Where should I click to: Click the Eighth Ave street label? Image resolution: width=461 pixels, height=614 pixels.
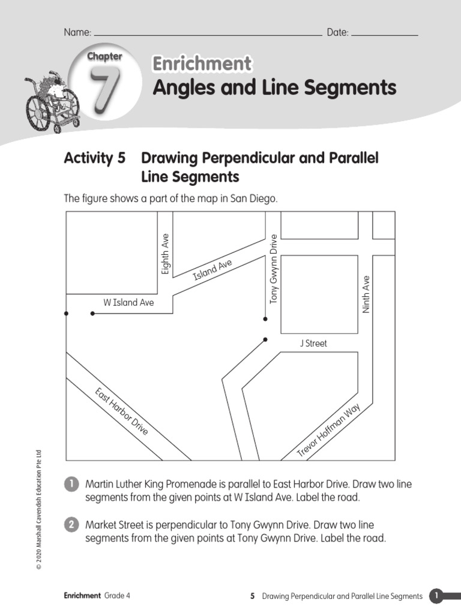point(166,254)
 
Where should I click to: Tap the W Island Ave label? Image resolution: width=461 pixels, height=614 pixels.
point(128,303)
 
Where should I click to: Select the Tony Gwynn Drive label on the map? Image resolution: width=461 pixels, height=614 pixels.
point(274,268)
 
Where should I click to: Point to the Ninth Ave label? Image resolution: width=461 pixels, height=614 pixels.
point(366,294)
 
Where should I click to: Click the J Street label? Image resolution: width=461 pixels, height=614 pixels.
point(313,344)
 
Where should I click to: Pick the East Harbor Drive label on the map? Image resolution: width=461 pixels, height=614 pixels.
point(121,411)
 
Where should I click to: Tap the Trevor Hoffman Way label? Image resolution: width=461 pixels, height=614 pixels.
point(329,431)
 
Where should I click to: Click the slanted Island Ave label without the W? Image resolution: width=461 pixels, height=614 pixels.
point(212,270)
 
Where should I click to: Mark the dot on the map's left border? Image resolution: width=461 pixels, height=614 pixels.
point(65,313)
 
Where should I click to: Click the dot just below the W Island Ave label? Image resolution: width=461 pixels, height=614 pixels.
point(92,313)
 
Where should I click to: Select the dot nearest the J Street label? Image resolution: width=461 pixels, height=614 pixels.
point(265,339)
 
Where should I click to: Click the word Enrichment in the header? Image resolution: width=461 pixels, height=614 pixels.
point(202,64)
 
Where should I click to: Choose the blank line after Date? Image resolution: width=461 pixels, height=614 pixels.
point(384,35)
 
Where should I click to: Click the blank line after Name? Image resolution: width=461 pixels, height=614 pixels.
point(207,35)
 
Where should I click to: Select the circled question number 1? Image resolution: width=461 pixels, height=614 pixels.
point(71,484)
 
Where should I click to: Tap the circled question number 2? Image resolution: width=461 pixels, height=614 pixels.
point(71,525)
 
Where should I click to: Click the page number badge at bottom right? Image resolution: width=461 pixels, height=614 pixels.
point(436,595)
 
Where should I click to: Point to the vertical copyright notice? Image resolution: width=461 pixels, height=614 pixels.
point(38,510)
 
